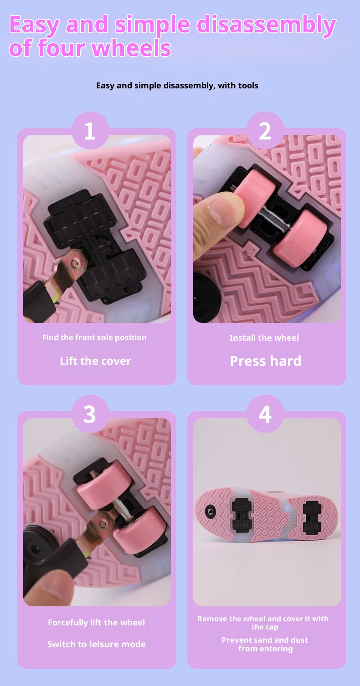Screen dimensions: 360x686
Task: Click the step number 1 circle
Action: pyautogui.click(x=90, y=130)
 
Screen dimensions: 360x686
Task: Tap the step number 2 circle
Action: pyautogui.click(x=265, y=130)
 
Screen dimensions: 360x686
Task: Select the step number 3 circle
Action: pyautogui.click(x=90, y=414)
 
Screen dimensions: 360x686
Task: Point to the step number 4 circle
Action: pyautogui.click(x=265, y=414)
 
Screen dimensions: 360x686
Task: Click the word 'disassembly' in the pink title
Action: pyautogui.click(x=266, y=25)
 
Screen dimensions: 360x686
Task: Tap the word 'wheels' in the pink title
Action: pyautogui.click(x=131, y=48)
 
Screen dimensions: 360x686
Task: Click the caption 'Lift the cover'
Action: pyautogui.click(x=95, y=361)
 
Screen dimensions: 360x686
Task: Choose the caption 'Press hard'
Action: pyautogui.click(x=266, y=361)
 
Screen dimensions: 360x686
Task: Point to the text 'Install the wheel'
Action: pyautogui.click(x=264, y=338)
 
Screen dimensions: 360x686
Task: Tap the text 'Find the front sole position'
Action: pyautogui.click(x=94, y=338)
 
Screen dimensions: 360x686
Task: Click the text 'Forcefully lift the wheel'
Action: pyautogui.click(x=97, y=623)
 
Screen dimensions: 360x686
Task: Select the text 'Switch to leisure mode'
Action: pyautogui.click(x=97, y=644)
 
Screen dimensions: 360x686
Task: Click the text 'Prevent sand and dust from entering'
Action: pyautogui.click(x=265, y=645)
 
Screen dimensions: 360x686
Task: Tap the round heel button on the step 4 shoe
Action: pyautogui.click(x=211, y=511)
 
